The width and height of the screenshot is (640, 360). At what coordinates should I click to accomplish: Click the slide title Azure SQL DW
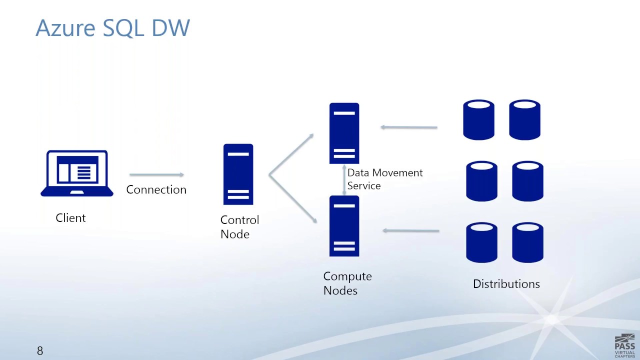point(112,28)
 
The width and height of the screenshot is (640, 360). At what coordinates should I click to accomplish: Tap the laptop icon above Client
point(77,173)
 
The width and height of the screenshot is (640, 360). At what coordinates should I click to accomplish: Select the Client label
point(70,218)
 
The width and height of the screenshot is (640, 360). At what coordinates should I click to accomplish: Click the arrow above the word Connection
point(156,174)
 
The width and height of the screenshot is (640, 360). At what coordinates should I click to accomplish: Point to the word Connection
point(156,189)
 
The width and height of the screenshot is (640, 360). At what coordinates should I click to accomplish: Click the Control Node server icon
point(238,174)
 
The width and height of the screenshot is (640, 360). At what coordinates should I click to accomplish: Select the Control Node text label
point(239,227)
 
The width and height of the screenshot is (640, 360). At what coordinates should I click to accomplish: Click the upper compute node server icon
point(344,133)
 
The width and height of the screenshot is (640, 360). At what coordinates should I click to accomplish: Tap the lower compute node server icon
point(344,226)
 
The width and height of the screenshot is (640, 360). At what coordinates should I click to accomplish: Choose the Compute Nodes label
point(347,283)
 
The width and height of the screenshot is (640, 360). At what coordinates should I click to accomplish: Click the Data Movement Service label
point(384,179)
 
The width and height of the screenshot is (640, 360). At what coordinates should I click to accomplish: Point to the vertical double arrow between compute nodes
point(344,180)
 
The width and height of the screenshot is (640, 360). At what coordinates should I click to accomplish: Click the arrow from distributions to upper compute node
point(408,127)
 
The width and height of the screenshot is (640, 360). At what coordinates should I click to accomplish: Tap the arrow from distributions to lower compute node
point(410,230)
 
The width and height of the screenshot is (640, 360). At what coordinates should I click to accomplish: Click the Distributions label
point(506,284)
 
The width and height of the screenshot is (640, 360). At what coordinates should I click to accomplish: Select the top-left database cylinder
point(478,120)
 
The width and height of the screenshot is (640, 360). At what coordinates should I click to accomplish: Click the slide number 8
point(40,351)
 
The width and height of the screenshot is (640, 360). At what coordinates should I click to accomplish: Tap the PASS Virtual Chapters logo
point(624,344)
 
